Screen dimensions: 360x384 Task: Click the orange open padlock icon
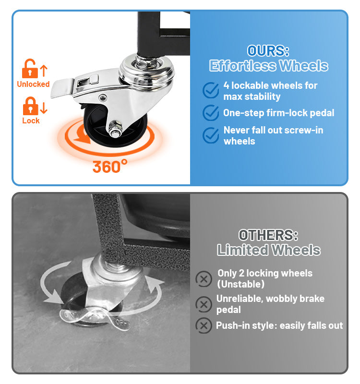[30, 69]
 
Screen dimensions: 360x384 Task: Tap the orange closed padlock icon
[30, 106]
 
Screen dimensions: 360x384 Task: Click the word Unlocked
[33, 84]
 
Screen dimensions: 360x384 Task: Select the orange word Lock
[31, 120]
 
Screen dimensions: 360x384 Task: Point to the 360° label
[110, 166]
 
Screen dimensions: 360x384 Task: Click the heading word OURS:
[268, 51]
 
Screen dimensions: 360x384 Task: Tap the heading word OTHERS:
[268, 235]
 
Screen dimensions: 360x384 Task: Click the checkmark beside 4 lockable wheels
[211, 90]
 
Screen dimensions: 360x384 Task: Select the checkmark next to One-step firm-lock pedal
[211, 113]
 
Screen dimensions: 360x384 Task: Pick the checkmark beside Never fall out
[211, 135]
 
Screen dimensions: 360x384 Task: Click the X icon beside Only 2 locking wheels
[204, 279]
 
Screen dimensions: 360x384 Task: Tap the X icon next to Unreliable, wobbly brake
[204, 304]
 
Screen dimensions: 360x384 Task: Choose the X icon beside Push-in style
[204, 326]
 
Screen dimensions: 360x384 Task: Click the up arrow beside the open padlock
[44, 71]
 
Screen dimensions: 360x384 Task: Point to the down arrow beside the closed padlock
[44, 108]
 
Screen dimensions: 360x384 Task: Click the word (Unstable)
[241, 284]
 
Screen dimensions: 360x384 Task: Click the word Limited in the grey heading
[243, 250]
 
